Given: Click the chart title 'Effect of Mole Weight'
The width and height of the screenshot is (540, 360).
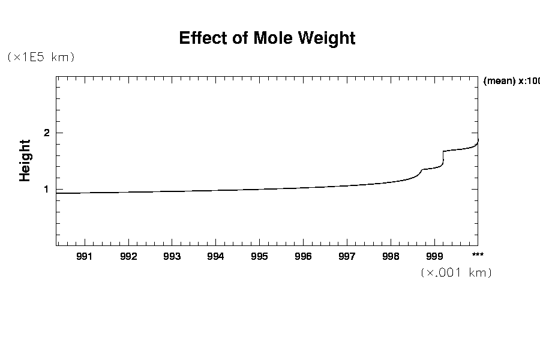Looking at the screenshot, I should click(x=267, y=38).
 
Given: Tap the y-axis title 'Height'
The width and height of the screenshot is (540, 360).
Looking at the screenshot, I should click(x=25, y=160).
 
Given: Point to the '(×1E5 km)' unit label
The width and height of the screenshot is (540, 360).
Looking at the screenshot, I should click(x=40, y=58).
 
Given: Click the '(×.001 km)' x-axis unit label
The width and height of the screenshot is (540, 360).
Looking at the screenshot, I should click(x=456, y=273).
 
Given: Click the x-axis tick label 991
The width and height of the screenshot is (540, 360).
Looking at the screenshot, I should click(x=85, y=257).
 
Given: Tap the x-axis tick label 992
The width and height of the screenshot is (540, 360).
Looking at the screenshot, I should click(x=128, y=257).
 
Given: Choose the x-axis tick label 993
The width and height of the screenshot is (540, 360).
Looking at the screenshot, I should click(x=172, y=257).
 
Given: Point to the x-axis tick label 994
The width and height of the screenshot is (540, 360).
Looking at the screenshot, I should click(x=215, y=257).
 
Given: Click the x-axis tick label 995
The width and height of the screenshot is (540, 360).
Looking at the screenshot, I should click(x=259, y=257).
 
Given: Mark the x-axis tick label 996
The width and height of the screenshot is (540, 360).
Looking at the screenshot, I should click(x=303, y=257).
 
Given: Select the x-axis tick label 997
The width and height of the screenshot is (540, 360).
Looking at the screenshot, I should click(x=347, y=257).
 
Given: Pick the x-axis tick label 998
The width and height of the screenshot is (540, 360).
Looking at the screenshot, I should click(x=391, y=257).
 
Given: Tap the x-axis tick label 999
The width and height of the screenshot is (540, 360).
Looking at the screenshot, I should click(x=434, y=257).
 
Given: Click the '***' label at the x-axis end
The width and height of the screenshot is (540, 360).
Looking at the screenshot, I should click(x=478, y=255).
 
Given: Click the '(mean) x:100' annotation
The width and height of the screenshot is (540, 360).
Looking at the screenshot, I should click(x=511, y=82).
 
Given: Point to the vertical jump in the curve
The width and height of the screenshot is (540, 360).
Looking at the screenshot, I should click(x=443, y=158).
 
